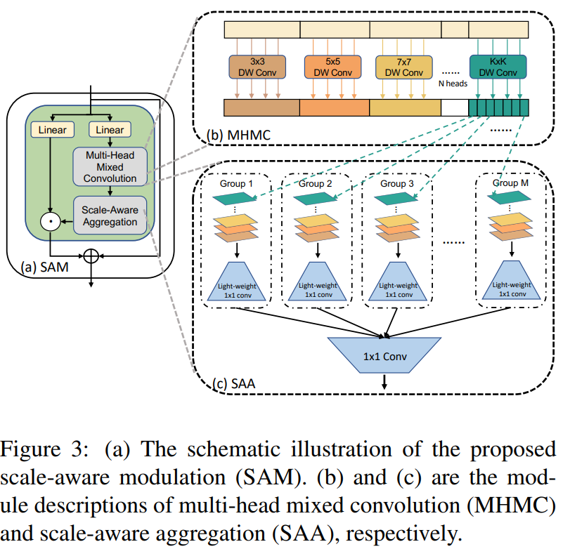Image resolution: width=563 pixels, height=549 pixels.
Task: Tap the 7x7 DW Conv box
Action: coord(404,66)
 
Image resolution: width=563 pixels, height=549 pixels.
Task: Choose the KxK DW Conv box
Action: coord(498,66)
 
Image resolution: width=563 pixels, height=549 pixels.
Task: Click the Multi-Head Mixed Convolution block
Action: coord(110,167)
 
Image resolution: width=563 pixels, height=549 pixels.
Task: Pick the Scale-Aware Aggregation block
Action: coord(110,215)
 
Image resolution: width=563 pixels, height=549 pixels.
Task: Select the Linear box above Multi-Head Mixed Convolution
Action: coord(110,129)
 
